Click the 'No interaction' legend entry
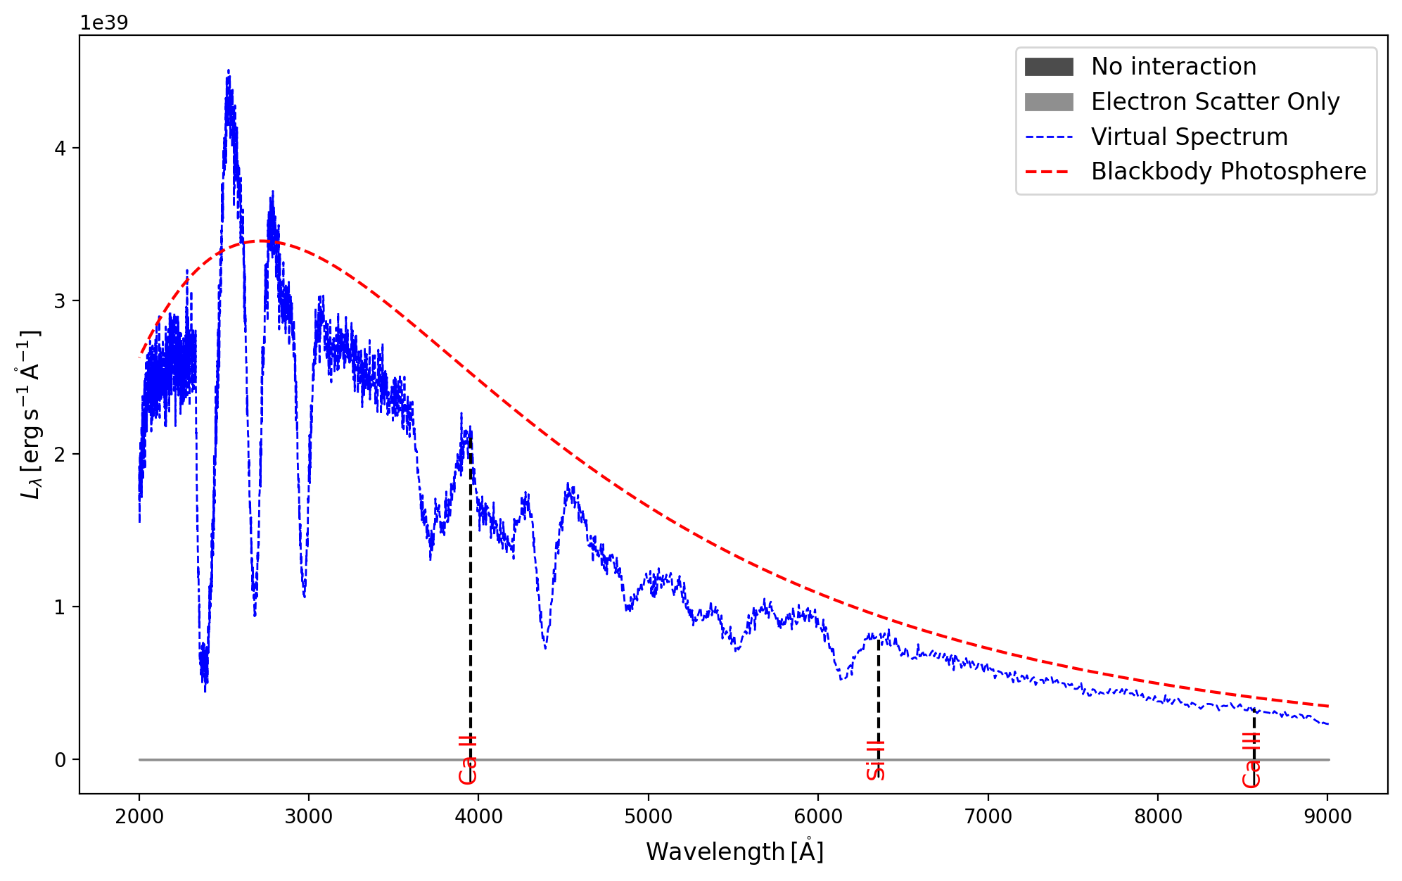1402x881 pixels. click(x=1173, y=67)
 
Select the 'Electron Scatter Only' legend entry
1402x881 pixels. click(x=1215, y=102)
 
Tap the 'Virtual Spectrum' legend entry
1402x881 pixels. click(x=1189, y=137)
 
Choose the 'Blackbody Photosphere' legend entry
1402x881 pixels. click(x=1228, y=172)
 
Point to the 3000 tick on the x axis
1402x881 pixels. click(x=309, y=816)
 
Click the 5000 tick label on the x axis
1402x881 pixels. click(x=649, y=816)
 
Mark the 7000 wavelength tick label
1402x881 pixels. click(x=988, y=816)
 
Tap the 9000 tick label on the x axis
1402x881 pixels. click(x=1327, y=816)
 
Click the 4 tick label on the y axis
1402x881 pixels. click(x=60, y=148)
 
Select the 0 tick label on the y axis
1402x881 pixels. click(x=60, y=760)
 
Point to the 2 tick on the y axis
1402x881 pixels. click(x=60, y=454)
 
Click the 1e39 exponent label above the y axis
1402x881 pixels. click(x=104, y=23)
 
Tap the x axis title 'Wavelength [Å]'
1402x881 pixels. click(x=734, y=851)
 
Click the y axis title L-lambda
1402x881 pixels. click(x=30, y=415)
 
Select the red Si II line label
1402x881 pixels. click(x=876, y=760)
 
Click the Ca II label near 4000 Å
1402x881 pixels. click(x=468, y=760)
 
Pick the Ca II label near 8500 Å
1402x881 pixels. click(x=1251, y=760)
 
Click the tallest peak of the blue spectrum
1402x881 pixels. click(x=229, y=71)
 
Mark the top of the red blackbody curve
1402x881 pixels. click(x=262, y=241)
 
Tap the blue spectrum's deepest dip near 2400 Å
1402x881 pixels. click(x=205, y=690)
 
